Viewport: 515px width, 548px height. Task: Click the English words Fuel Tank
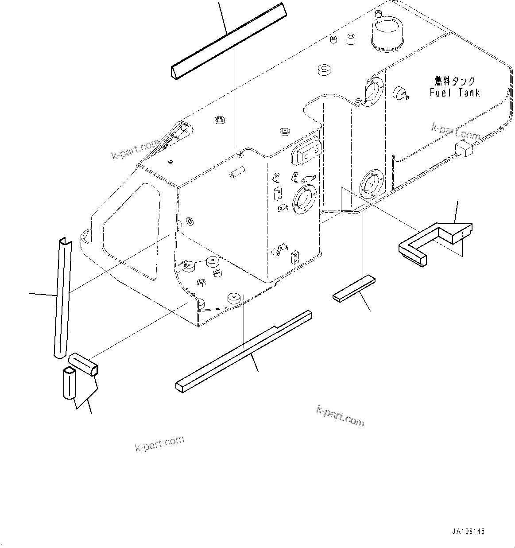(x=454, y=93)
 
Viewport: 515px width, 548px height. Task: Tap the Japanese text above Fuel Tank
(x=455, y=81)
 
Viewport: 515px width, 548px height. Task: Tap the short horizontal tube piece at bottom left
(x=84, y=364)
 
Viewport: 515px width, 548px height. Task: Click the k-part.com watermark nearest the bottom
(x=159, y=443)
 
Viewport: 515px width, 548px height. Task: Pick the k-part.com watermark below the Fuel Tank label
(x=456, y=131)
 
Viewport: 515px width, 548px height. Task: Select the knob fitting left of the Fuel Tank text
(x=401, y=91)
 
